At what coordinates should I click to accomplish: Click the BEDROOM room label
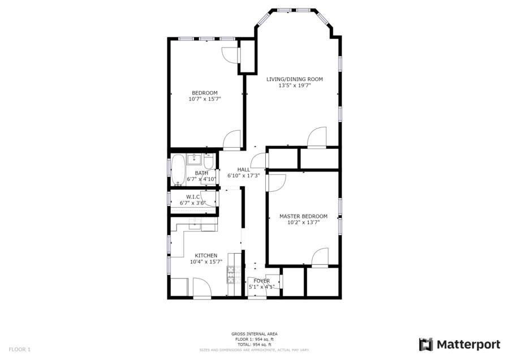(x=205, y=93)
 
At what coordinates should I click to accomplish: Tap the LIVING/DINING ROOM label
(x=295, y=79)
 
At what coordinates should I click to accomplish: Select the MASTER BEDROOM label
(x=303, y=216)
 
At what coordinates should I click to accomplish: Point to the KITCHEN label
(x=206, y=256)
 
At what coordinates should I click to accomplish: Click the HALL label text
(x=243, y=170)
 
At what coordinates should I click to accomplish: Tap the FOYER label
(x=261, y=281)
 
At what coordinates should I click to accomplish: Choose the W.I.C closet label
(x=193, y=197)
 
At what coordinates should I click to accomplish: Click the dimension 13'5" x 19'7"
(x=295, y=86)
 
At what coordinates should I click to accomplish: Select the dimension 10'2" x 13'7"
(x=304, y=222)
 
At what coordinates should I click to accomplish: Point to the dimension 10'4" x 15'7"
(x=206, y=262)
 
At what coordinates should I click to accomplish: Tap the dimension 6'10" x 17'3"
(x=243, y=176)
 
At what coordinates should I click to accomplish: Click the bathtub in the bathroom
(x=178, y=170)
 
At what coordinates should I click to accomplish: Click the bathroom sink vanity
(x=195, y=159)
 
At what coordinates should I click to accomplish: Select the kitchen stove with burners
(x=231, y=275)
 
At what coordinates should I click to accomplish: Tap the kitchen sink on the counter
(x=195, y=224)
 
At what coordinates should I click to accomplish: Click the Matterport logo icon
(x=426, y=344)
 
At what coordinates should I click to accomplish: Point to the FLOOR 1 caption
(x=19, y=350)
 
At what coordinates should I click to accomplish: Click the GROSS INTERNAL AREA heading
(x=255, y=334)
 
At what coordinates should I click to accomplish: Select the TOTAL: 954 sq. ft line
(x=255, y=344)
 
